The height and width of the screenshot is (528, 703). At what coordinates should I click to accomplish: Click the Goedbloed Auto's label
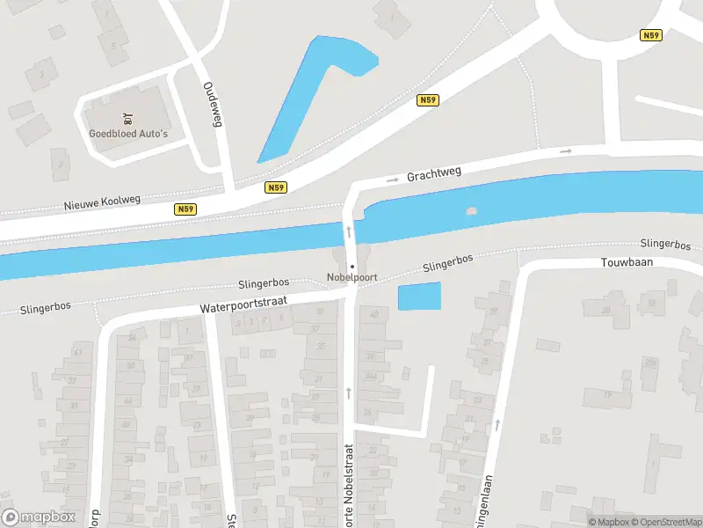pyautogui.click(x=128, y=134)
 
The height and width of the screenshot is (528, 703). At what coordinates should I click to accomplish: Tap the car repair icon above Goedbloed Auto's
pyautogui.click(x=128, y=117)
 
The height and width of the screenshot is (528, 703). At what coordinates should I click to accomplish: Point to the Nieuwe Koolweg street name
pyautogui.click(x=102, y=202)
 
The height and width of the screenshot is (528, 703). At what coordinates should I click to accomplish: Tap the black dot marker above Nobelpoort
pyautogui.click(x=351, y=266)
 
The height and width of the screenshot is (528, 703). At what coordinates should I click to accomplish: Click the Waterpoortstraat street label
pyautogui.click(x=243, y=305)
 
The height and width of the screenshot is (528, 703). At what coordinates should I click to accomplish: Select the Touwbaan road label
pyautogui.click(x=624, y=263)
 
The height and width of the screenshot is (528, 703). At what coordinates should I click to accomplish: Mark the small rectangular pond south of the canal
pyautogui.click(x=419, y=297)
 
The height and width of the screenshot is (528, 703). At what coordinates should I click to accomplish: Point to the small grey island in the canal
pyautogui.click(x=472, y=212)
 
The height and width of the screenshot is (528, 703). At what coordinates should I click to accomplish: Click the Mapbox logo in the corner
pyautogui.click(x=39, y=517)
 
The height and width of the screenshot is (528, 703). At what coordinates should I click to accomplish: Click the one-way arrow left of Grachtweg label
pyautogui.click(x=392, y=180)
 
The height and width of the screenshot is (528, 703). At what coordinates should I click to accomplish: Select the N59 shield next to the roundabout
pyautogui.click(x=650, y=36)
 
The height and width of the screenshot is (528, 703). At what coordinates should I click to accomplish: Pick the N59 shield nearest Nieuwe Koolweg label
pyautogui.click(x=185, y=209)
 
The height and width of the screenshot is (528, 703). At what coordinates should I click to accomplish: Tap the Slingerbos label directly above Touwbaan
pyautogui.click(x=668, y=243)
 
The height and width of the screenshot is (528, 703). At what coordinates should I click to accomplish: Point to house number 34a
pyautogui.click(x=372, y=377)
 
